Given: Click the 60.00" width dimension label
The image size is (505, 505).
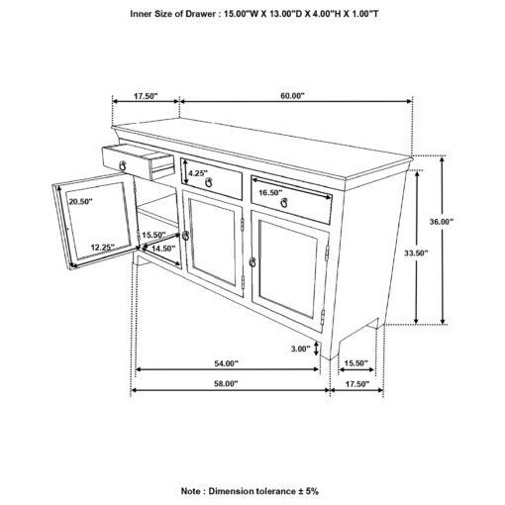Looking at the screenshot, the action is tap(292, 96).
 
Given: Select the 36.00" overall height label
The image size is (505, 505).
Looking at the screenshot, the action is tap(442, 222).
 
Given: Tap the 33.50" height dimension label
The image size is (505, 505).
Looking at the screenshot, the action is tap(416, 253).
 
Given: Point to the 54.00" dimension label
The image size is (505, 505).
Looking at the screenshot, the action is tap(227, 363).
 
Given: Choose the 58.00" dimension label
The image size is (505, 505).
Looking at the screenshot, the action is tap(226, 384).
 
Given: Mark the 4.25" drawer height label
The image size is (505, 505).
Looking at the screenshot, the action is tap(198, 173).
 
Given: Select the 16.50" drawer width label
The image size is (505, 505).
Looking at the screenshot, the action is tap(270, 192).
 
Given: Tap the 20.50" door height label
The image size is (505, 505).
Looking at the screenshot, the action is tap(80, 201).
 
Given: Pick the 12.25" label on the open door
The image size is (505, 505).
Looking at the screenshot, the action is tap(103, 247).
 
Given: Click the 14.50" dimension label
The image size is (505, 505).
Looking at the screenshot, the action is tap(163, 249).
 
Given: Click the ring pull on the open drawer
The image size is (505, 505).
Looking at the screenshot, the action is tap(123, 165).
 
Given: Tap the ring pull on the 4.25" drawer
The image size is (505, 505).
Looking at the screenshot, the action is tap(209, 182).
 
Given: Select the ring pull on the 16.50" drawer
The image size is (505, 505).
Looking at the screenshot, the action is tap(284, 203).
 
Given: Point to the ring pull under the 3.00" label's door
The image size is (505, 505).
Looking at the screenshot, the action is tap(252, 262).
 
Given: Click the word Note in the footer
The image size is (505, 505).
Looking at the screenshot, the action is tap(191, 491).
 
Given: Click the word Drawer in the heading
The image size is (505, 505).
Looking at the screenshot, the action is tap(200, 14).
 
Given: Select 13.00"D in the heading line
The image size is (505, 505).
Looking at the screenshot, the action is tap(286, 14).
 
